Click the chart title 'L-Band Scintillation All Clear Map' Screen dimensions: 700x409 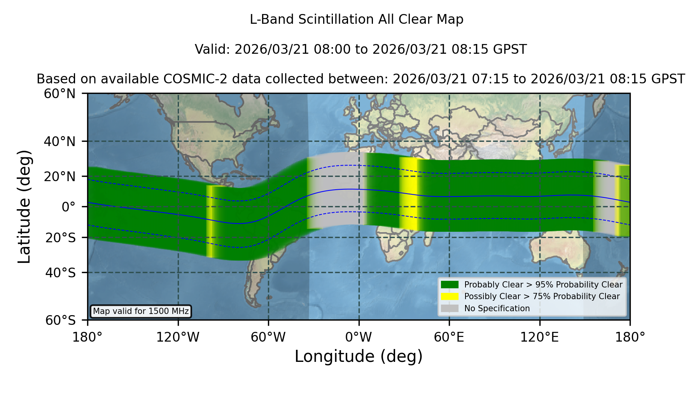[357, 19]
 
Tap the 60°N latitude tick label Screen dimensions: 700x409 [60, 93]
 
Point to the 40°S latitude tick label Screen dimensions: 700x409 [60, 273]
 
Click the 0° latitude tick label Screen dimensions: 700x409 [69, 207]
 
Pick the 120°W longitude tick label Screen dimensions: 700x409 [178, 337]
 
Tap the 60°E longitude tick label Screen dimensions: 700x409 [449, 337]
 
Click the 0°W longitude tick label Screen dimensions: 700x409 [359, 337]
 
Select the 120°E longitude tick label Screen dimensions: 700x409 [540, 337]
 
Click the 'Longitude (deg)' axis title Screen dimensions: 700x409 [359, 356]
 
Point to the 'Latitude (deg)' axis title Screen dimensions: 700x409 [24, 206]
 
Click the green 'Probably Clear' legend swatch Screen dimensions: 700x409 [450, 285]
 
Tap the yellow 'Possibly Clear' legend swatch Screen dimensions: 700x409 [450, 296]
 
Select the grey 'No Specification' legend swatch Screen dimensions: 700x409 [450, 309]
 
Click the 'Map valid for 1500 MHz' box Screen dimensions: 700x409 [141, 311]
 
